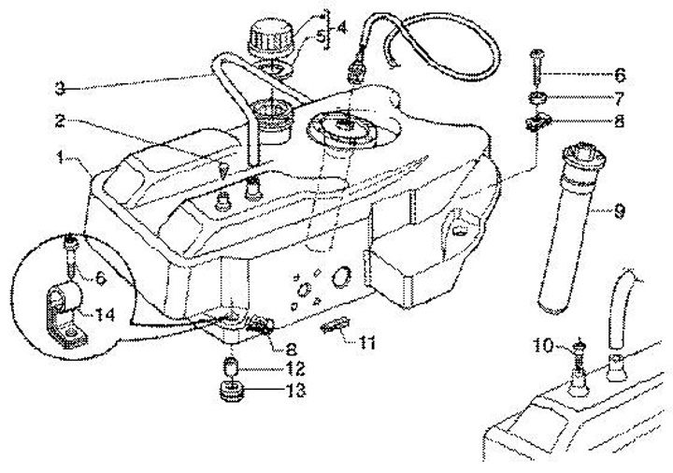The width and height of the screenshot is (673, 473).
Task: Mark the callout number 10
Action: [544, 347]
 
